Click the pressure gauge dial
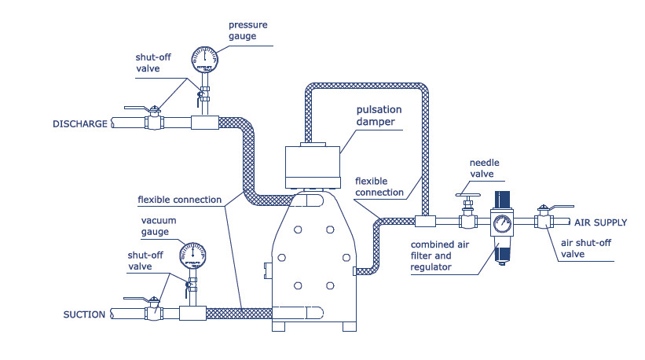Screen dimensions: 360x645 click(203, 58)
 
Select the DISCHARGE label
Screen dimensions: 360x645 click(79, 123)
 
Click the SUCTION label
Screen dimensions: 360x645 click(84, 314)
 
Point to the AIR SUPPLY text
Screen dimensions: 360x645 click(600, 222)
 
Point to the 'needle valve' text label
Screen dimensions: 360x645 click(486, 168)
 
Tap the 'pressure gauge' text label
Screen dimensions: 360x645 click(248, 30)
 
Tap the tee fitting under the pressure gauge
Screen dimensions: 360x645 click(204, 123)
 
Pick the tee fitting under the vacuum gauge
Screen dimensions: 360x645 click(192, 313)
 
